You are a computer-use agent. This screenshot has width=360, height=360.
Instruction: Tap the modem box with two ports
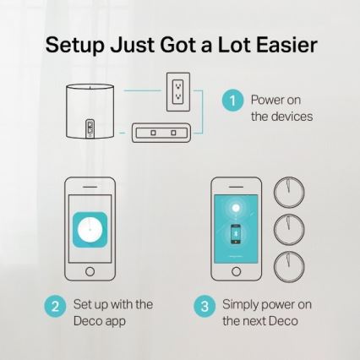pyautogui.click(x=163, y=133)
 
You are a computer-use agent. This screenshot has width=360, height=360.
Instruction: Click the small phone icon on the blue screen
pyautogui.click(x=235, y=234)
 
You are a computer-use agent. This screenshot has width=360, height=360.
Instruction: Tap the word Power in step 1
pyautogui.click(x=265, y=100)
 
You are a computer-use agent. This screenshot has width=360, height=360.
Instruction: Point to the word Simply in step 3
pyautogui.click(x=241, y=303)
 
